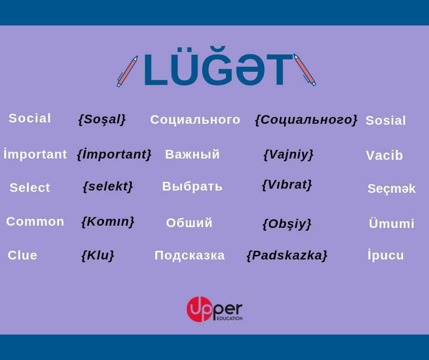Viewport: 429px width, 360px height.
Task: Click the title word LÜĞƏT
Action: click(218, 67)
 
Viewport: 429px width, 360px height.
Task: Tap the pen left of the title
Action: click(127, 71)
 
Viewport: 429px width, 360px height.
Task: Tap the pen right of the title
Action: click(304, 69)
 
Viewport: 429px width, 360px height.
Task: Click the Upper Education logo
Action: click(214, 309)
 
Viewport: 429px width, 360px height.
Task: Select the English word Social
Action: click(30, 118)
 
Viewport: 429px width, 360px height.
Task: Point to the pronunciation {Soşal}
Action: click(102, 119)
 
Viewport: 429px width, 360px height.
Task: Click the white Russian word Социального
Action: click(195, 120)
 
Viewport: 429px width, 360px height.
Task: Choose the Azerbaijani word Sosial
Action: click(386, 121)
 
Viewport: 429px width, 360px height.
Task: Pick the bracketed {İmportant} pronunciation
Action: click(114, 154)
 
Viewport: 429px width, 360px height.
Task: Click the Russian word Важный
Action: click(192, 154)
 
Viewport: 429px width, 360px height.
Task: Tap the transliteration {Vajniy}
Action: click(288, 154)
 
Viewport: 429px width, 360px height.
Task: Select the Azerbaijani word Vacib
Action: click(384, 156)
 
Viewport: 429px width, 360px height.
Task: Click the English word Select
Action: click(30, 188)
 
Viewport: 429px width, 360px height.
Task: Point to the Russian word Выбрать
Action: click(192, 186)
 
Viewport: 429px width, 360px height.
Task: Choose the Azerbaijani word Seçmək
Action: click(392, 189)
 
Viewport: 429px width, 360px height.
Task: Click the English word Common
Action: click(35, 222)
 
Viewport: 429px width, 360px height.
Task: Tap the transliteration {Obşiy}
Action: click(287, 224)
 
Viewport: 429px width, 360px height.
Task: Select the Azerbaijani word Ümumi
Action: click(392, 223)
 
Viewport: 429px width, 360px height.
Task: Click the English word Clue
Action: click(22, 255)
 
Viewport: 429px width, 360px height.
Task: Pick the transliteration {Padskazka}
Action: click(287, 256)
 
